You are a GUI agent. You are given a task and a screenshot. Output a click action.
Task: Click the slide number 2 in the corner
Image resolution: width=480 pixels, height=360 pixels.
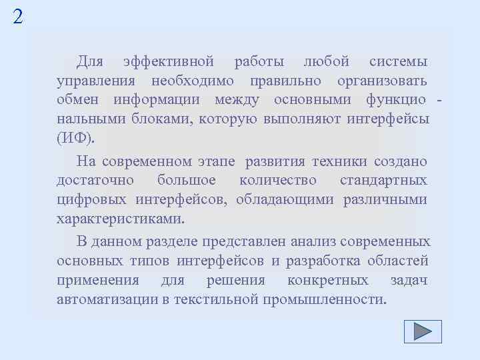pyautogui.click(x=17, y=16)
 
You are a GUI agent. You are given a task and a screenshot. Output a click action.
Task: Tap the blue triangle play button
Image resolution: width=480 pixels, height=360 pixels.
pyautogui.click(x=423, y=331)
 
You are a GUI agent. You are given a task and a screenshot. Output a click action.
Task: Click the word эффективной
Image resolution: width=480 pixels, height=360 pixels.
pyautogui.click(x=169, y=62)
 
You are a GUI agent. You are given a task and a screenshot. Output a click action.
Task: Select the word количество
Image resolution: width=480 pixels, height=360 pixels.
pyautogui.click(x=278, y=180)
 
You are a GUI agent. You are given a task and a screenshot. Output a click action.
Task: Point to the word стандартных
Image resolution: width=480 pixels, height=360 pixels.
pyautogui.click(x=383, y=180)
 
